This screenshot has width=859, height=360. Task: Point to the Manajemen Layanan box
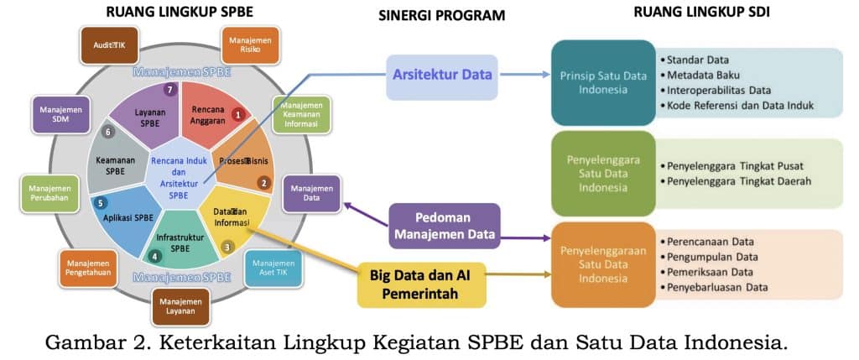click(x=180, y=305)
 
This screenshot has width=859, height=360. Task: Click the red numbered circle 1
click(x=238, y=114)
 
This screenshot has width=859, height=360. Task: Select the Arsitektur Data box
click(x=441, y=76)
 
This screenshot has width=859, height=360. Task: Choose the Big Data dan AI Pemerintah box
click(x=422, y=284)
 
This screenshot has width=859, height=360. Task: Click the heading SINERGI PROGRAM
click(x=441, y=15)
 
